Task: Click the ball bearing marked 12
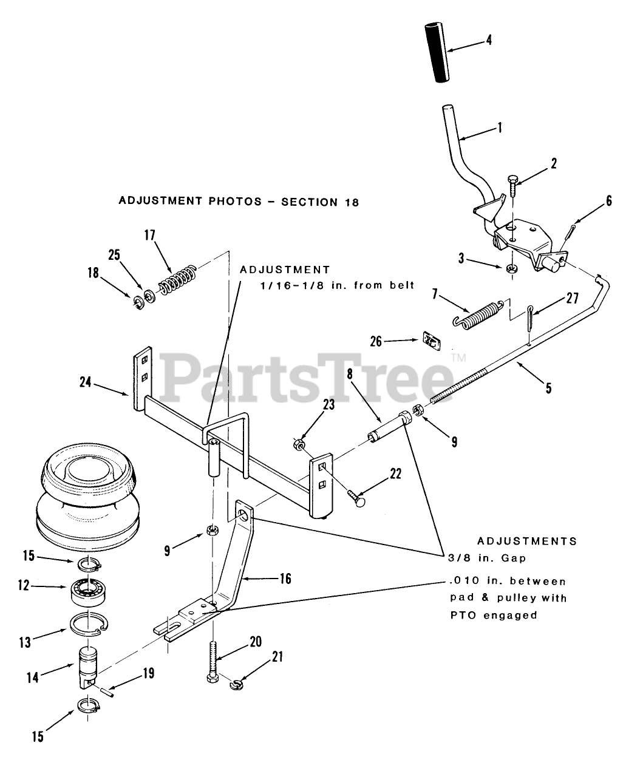click(88, 589)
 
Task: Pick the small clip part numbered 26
click(430, 341)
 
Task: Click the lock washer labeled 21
click(235, 685)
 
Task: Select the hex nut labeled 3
click(513, 268)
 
